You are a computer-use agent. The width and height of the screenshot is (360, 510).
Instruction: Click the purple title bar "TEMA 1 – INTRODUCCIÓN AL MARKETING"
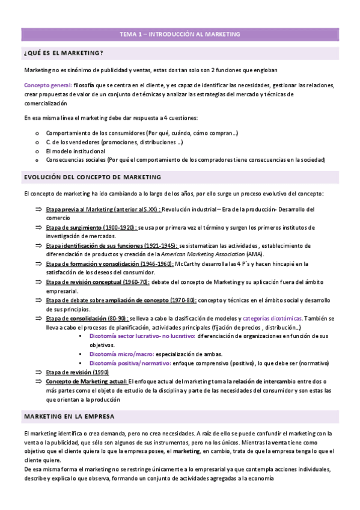click(x=180, y=34)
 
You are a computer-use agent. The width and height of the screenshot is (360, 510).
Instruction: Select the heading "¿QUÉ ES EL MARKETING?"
click(x=63, y=54)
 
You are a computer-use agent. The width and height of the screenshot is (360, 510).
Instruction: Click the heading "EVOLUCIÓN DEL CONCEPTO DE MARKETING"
click(x=92, y=177)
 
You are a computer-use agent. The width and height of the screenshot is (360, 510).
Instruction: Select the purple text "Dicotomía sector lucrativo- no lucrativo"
click(x=141, y=336)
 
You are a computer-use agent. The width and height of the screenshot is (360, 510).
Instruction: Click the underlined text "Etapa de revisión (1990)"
click(x=76, y=372)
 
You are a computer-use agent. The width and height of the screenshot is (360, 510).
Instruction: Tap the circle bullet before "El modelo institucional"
click(x=37, y=151)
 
